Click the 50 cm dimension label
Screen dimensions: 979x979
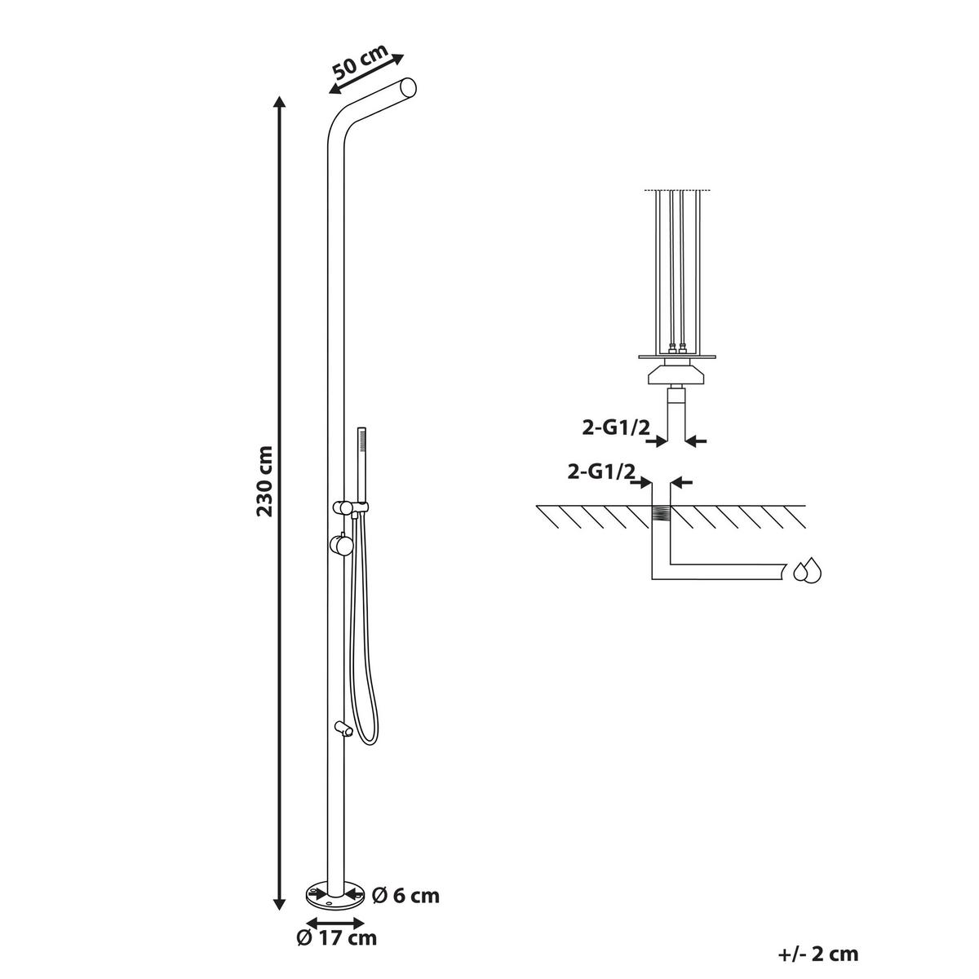(360, 62)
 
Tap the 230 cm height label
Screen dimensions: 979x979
(264, 481)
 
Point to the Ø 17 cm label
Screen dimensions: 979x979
(337, 951)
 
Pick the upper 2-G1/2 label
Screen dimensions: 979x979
(616, 428)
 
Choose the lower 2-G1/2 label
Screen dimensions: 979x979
(601, 472)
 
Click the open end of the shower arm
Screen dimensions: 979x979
(409, 88)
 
